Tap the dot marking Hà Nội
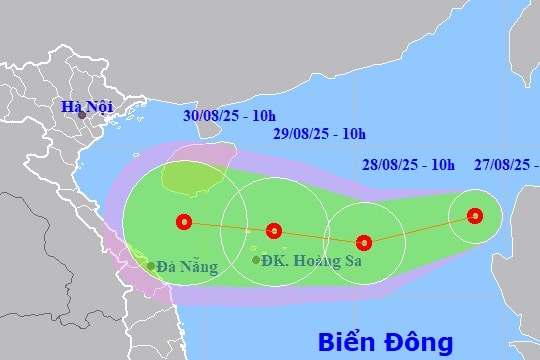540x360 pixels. click(x=82, y=115)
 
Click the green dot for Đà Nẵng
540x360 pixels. click(x=151, y=266)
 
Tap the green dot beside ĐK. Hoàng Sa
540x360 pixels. click(x=257, y=260)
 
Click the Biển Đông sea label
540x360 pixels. click(x=386, y=342)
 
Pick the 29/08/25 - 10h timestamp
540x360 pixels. click(x=319, y=134)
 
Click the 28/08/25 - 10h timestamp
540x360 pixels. click(x=408, y=164)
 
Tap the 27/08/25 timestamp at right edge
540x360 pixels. click(x=505, y=164)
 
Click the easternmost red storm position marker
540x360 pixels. click(x=475, y=215)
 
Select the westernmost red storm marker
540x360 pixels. click(x=182, y=221)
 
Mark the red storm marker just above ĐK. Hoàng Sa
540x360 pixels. click(x=274, y=231)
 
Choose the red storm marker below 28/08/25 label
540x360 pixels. click(x=364, y=241)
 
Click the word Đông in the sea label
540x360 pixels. click(x=419, y=342)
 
